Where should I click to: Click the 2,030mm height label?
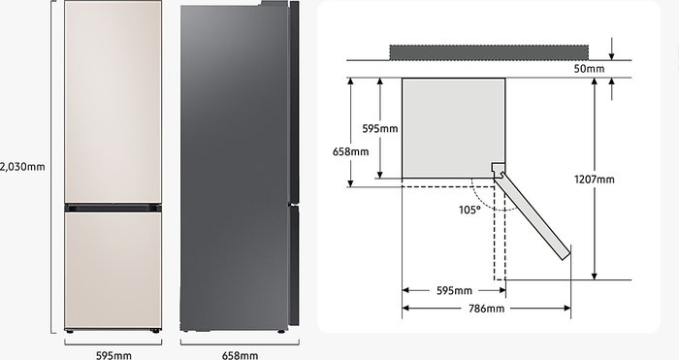pos(22,167)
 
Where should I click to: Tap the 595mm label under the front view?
pos(113,355)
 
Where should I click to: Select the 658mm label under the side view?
pos(240,355)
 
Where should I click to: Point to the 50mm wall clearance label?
pos(589,69)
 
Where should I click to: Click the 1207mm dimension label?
pos(594,180)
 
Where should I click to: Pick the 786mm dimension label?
pos(487,309)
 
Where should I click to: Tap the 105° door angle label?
pos(469,211)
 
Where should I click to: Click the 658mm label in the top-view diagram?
pos(351,151)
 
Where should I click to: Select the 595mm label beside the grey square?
pos(380,129)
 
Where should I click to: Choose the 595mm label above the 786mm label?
pos(454,291)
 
